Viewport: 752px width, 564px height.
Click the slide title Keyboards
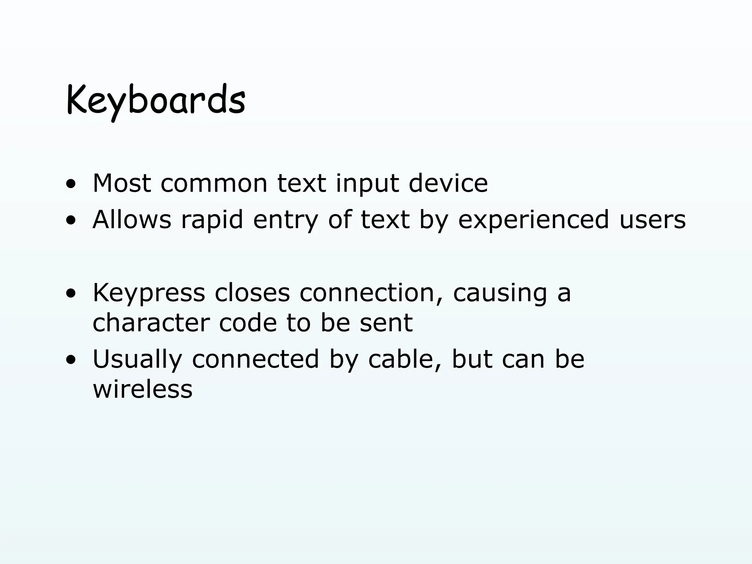pyautogui.click(x=156, y=100)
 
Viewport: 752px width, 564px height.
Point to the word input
pyautogui.click(x=367, y=184)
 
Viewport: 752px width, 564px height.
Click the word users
pyautogui.click(x=652, y=220)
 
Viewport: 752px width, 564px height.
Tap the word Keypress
pyautogui.click(x=149, y=293)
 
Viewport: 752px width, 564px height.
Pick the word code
pyautogui.click(x=248, y=323)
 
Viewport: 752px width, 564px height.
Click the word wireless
pyautogui.click(x=142, y=389)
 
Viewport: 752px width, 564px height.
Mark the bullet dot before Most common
pyautogui.click(x=70, y=185)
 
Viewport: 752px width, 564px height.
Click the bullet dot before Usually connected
pyautogui.click(x=70, y=361)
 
